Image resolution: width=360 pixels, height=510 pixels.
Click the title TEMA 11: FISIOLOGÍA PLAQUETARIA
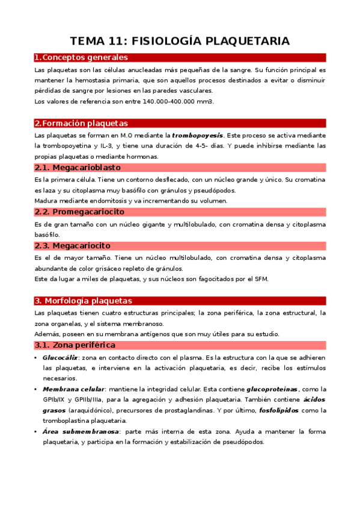pyautogui.click(x=180, y=41)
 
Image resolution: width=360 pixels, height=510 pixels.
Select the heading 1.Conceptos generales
pyautogui.click(x=81, y=58)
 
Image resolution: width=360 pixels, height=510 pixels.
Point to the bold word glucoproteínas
pyautogui.click(x=272, y=390)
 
